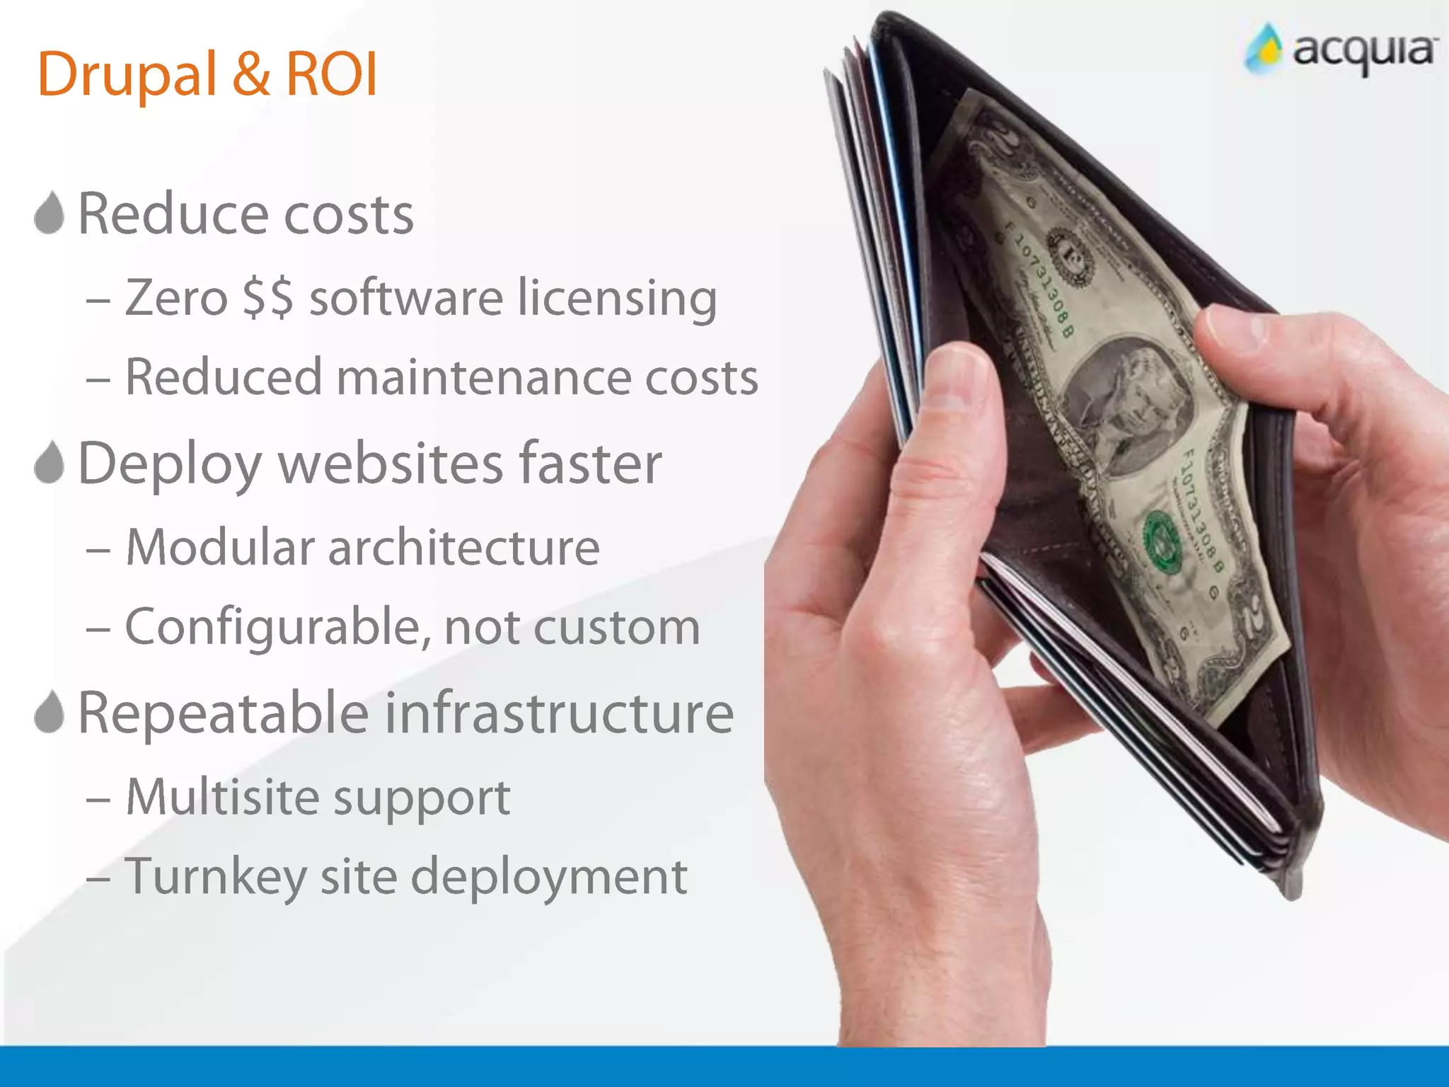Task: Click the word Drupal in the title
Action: click(127, 75)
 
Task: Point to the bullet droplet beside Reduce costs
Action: click(50, 213)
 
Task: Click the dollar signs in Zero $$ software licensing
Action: click(267, 298)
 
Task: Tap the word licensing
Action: click(617, 298)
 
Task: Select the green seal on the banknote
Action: click(1162, 541)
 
